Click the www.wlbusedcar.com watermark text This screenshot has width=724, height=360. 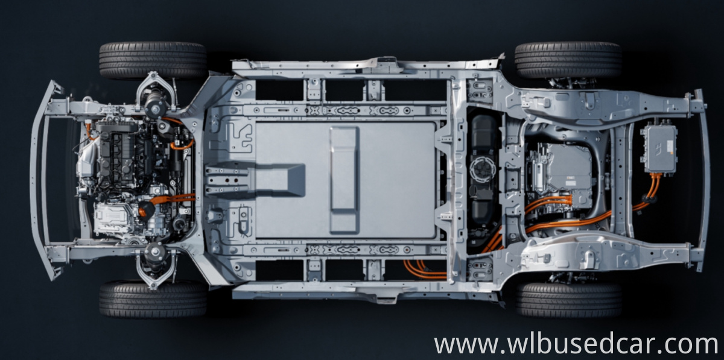coord(576,344)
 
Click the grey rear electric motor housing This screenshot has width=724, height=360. coord(561,172)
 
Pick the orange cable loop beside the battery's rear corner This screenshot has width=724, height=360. coord(422,269)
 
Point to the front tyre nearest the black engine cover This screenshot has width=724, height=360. coord(153,61)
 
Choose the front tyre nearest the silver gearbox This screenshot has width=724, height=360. coord(153,299)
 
